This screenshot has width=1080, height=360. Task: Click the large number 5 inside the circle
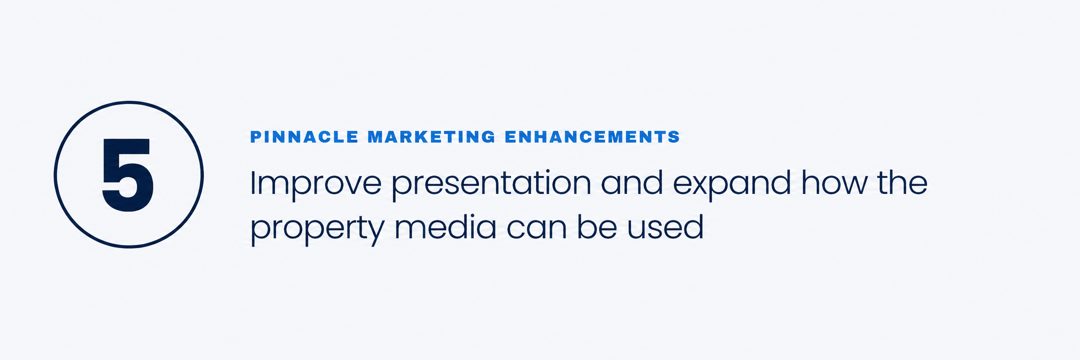(x=128, y=175)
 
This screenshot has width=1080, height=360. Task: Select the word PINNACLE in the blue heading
(x=304, y=137)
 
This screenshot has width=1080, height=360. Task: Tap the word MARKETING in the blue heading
(x=432, y=137)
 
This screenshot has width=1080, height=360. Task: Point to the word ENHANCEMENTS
(x=592, y=137)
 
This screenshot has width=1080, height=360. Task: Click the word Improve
(x=315, y=185)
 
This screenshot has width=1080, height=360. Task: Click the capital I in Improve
(x=252, y=182)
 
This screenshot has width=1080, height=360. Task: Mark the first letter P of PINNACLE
(x=256, y=137)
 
